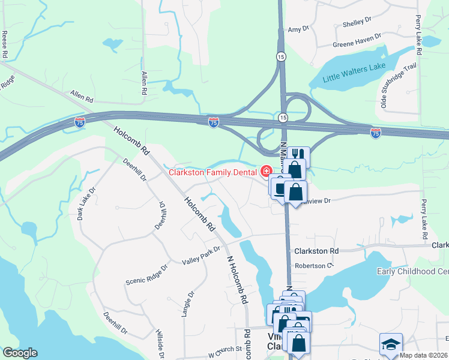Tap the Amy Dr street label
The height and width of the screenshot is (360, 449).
(x=298, y=28)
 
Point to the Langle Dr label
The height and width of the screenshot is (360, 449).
(x=191, y=303)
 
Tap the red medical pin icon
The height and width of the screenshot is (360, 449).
(x=266, y=172)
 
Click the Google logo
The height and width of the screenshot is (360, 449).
(x=20, y=353)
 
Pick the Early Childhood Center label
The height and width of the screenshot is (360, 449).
(x=412, y=271)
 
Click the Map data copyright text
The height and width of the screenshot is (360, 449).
(x=424, y=355)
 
